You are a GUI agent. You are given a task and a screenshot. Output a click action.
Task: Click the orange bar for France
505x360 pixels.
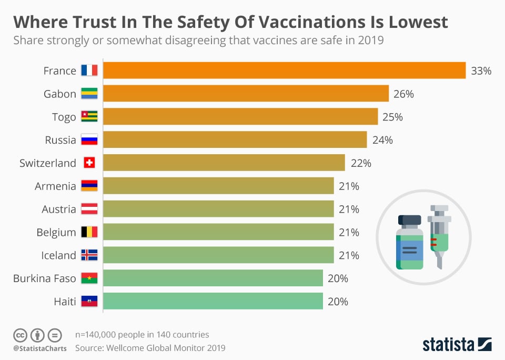click(x=284, y=71)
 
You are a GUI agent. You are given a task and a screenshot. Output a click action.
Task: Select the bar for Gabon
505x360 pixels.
click(x=246, y=94)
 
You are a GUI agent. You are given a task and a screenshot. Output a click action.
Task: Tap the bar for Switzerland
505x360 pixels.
click(x=224, y=163)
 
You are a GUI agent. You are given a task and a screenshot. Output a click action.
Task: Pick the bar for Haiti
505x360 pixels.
click(x=213, y=302)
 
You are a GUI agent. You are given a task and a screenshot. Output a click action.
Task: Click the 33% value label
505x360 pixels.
click(x=481, y=71)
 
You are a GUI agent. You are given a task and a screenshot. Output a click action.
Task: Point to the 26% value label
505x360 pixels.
click(x=403, y=94)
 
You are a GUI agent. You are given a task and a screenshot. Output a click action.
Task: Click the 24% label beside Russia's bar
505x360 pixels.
click(x=382, y=140)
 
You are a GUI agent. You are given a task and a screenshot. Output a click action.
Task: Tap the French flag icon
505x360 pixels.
click(x=89, y=71)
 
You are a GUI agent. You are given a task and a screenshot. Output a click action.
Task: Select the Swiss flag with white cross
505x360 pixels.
click(x=89, y=163)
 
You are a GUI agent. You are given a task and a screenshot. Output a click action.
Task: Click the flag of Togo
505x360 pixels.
click(x=89, y=117)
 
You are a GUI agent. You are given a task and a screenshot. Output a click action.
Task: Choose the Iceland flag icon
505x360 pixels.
click(x=89, y=255)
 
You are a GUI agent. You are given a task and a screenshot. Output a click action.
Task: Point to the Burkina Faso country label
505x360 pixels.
click(x=45, y=278)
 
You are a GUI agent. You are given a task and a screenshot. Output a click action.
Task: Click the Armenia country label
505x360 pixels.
click(x=55, y=186)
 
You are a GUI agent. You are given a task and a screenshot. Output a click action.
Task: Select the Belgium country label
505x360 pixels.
click(x=56, y=232)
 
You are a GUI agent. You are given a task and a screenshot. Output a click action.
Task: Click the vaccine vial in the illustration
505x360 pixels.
click(x=410, y=242)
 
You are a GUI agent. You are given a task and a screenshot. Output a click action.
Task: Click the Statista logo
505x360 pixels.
click(x=457, y=345)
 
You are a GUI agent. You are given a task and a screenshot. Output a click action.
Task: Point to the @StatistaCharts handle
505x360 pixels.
click(x=40, y=348)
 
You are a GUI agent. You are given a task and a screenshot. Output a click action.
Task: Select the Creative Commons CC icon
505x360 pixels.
click(x=20, y=335)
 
